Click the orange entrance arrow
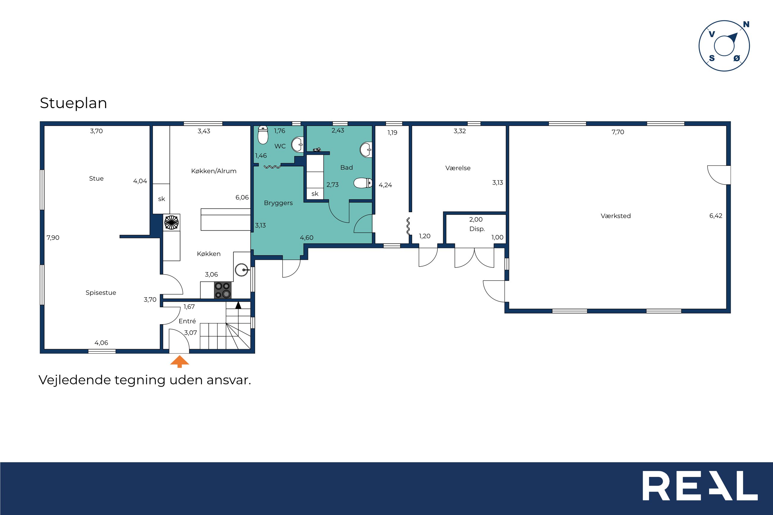179,361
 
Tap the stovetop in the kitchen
223,290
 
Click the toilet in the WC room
263,135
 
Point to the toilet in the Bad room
363,183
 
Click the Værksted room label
616,216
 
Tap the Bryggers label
278,203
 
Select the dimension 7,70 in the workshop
618,132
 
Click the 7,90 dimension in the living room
53,237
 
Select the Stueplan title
73,103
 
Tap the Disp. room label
477,229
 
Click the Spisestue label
101,293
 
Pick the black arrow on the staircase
238,305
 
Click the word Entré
187,321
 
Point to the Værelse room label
458,168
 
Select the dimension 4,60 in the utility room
307,238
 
